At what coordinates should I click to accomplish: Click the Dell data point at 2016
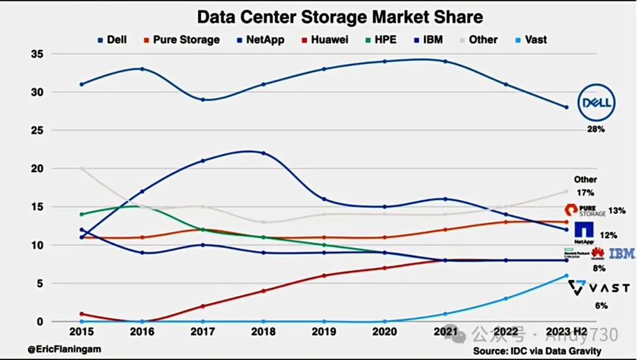(142, 69)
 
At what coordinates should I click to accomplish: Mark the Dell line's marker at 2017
(203, 99)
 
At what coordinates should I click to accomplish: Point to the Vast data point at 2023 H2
(566, 275)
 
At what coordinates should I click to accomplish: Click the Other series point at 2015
(82, 168)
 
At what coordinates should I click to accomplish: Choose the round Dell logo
(596, 103)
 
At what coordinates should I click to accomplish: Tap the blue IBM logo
(621, 254)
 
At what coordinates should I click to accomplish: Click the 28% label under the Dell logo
(595, 129)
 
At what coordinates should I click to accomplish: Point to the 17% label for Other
(585, 193)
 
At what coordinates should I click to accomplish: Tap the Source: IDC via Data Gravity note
(536, 351)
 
